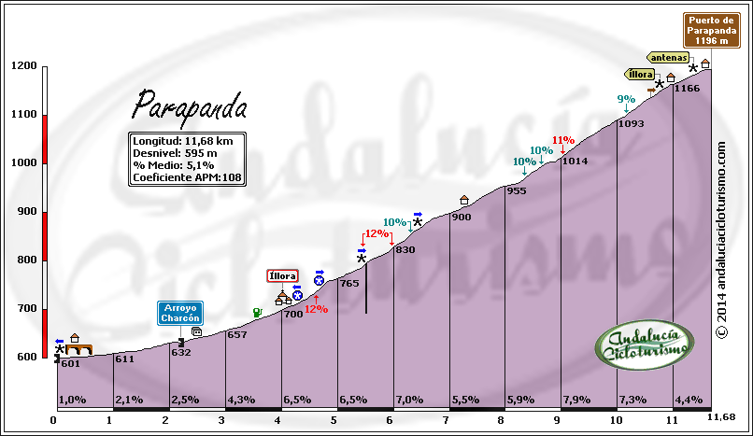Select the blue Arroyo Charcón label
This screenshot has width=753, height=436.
(180, 313)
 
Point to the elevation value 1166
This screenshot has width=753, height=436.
(687, 88)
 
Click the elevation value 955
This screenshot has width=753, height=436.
(516, 190)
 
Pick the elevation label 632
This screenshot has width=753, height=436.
(181, 352)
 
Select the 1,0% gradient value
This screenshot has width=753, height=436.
(72, 400)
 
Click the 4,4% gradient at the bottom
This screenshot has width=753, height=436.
(689, 400)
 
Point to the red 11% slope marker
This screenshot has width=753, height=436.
(562, 141)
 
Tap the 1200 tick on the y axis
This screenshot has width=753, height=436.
(24, 66)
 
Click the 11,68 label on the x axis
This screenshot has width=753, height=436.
(724, 416)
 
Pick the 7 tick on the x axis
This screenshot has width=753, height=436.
(448, 421)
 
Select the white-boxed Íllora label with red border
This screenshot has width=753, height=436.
(282, 275)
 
